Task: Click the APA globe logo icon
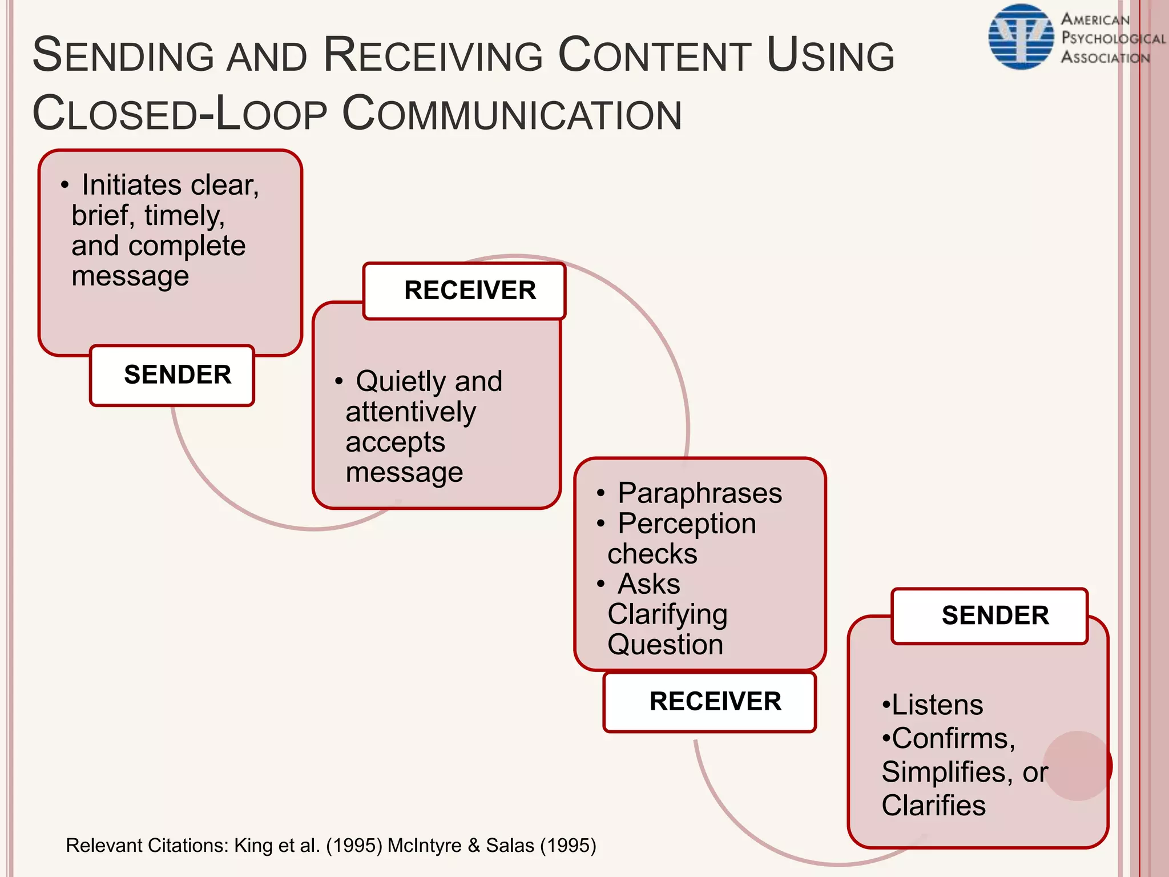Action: coord(1021,37)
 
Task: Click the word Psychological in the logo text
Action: coord(1113,38)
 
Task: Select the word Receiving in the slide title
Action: coord(433,55)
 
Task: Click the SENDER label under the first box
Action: coord(178,375)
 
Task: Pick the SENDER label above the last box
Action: coord(995,615)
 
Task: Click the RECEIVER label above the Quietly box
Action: coord(470,290)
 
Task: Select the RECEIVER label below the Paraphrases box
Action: coord(715,701)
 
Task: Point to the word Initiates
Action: coord(131,185)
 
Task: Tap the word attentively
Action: coord(410,412)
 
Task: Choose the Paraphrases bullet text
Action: coord(700,493)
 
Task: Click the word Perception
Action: coord(687,524)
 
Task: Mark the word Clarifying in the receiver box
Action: coord(667,614)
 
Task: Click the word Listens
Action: coord(937,705)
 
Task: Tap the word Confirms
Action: coord(953,738)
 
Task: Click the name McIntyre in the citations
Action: coord(424,845)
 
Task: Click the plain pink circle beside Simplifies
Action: coord(1077,766)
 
